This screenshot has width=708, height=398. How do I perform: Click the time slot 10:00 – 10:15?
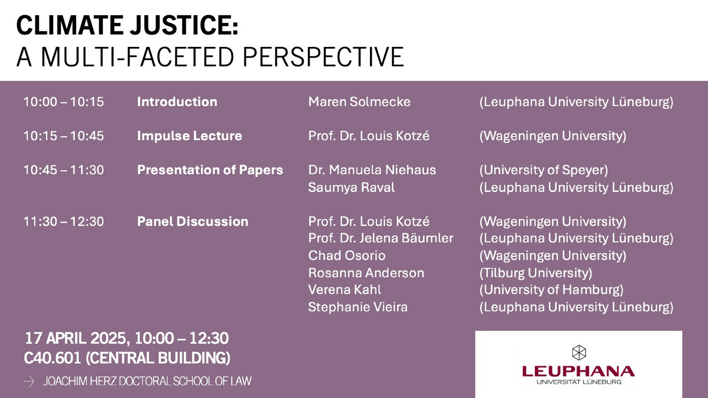tap(63, 102)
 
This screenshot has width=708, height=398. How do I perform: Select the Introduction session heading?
tap(177, 102)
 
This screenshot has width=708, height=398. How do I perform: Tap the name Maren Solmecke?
tap(359, 102)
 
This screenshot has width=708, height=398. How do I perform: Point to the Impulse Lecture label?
tap(189, 136)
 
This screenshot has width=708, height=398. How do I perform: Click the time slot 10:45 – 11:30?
tap(63, 170)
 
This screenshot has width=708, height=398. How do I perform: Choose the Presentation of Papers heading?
tap(210, 170)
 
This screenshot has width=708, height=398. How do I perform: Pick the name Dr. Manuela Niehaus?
tap(372, 170)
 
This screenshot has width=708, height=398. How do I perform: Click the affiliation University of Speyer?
tap(543, 170)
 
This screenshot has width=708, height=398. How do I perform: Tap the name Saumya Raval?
tap(352, 187)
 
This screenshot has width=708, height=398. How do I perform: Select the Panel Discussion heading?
tap(192, 221)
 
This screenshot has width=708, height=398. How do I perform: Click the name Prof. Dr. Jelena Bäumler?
tap(380, 238)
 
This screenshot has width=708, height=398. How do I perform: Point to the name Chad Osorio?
tap(347, 255)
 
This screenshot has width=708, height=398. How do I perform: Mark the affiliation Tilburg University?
tap(536, 273)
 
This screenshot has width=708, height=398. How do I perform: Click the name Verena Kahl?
tap(345, 290)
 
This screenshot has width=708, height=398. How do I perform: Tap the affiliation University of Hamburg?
tap(551, 290)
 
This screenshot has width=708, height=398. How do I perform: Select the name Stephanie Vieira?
tap(358, 307)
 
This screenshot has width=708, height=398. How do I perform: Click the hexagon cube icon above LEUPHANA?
tap(579, 352)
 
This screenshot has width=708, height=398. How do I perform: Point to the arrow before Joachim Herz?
tap(29, 381)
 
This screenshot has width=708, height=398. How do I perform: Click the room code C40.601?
tap(53, 358)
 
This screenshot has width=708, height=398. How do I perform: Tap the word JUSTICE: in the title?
tap(184, 25)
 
